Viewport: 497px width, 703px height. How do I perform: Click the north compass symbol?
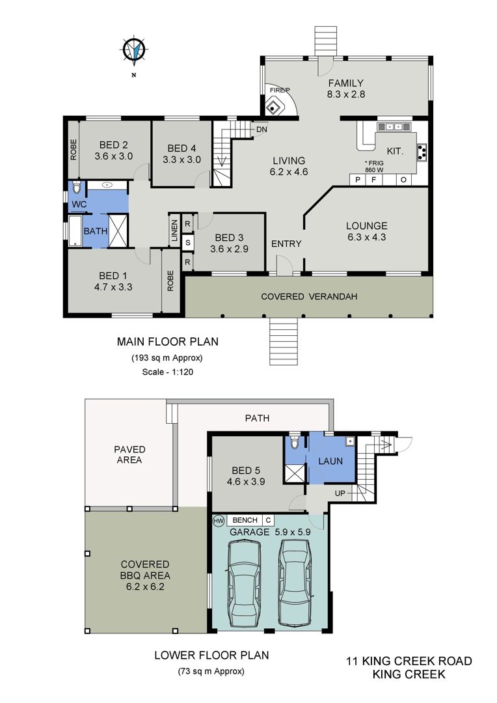pyautogui.click(x=134, y=49)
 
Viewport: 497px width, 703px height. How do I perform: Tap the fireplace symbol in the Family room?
pyautogui.click(x=273, y=108)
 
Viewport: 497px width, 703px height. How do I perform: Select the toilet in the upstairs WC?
pyautogui.click(x=76, y=187)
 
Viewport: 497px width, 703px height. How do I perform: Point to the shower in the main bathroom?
pyautogui.click(x=118, y=231)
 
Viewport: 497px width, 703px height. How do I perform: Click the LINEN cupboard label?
pyautogui.click(x=174, y=230)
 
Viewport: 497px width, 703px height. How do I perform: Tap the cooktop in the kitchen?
pyautogui.click(x=422, y=152)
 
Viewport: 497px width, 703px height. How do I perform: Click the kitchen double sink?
pyautogui.click(x=394, y=127)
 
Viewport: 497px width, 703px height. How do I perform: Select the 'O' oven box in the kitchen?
pyautogui.click(x=403, y=180)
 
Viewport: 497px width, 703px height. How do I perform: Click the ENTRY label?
pyautogui.click(x=286, y=244)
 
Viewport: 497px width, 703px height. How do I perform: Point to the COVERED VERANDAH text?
pyautogui.click(x=309, y=296)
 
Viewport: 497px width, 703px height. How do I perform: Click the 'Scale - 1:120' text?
pyautogui.click(x=168, y=372)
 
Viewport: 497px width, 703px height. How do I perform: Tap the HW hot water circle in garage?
pyautogui.click(x=219, y=521)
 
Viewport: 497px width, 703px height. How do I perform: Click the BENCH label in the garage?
pyautogui.click(x=245, y=520)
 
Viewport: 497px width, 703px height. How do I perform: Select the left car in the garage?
pyautogui.click(x=244, y=583)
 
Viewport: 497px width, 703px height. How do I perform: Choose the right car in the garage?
pyautogui.click(x=294, y=582)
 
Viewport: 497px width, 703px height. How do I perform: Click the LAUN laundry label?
pyautogui.click(x=330, y=462)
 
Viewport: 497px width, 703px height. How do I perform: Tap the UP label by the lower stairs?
pyautogui.click(x=340, y=493)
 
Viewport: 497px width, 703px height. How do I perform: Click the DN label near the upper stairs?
pyautogui.click(x=262, y=130)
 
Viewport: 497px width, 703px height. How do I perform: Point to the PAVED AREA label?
pyautogui.click(x=129, y=454)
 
